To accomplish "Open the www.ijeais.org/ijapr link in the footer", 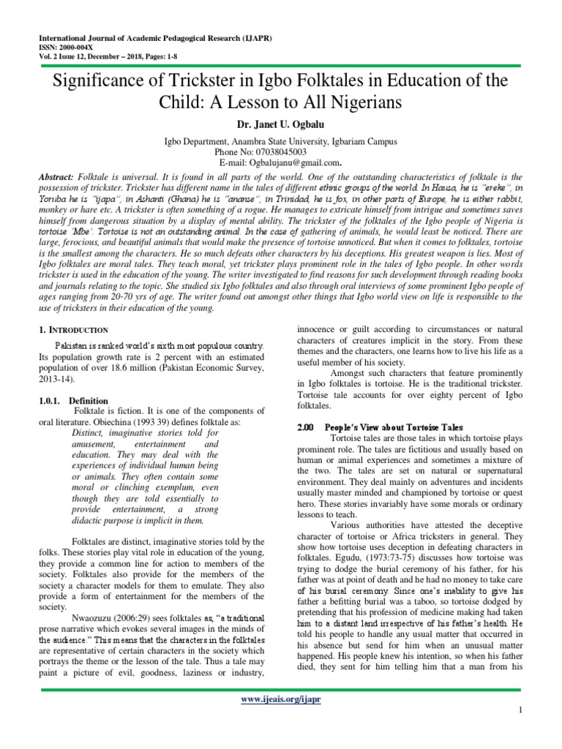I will click(280, 700).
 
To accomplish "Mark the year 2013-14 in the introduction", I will click(56, 380).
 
